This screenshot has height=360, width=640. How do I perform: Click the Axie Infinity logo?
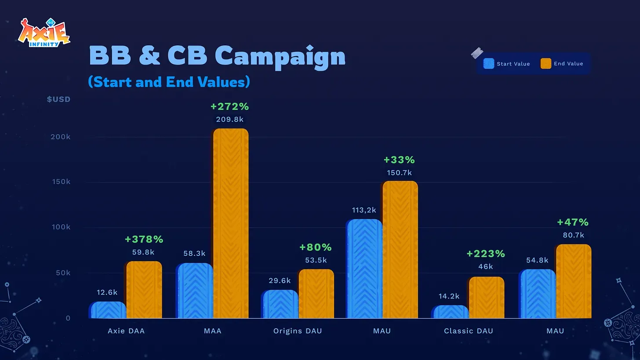click(44, 33)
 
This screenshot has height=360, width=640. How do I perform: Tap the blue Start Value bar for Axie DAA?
click(108, 310)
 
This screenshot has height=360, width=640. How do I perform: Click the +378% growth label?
click(144, 240)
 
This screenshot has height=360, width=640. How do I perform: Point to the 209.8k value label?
click(230, 119)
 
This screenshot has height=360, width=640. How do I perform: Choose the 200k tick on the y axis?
click(61, 137)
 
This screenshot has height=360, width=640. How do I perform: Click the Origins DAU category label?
click(298, 331)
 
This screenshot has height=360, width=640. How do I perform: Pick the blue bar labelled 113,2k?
click(364, 269)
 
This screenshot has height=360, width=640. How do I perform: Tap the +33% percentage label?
click(399, 160)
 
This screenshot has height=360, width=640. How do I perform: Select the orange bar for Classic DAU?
click(486, 298)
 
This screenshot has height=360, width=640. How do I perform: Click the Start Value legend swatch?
click(489, 64)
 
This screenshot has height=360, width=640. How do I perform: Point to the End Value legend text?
click(568, 64)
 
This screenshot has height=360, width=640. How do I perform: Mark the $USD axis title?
click(59, 99)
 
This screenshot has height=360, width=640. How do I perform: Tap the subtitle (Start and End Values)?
click(169, 82)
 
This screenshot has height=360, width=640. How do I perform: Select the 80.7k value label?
click(573, 235)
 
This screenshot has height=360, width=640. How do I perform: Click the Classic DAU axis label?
click(469, 331)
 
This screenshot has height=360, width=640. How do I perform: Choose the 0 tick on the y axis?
click(68, 318)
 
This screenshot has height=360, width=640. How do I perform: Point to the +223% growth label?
click(486, 254)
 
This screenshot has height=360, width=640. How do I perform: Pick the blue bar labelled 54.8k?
click(538, 294)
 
